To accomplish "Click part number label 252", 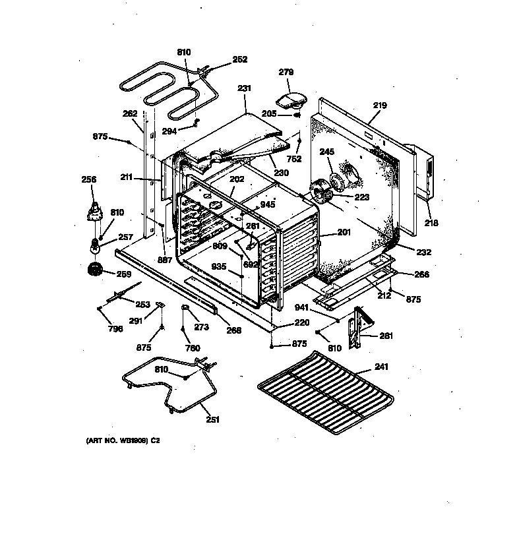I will (x=239, y=59).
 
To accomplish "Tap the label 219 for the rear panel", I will (x=379, y=106).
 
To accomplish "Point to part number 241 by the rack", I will (x=381, y=367).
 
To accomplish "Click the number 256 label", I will (x=88, y=179).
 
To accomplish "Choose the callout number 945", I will (x=267, y=204).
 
